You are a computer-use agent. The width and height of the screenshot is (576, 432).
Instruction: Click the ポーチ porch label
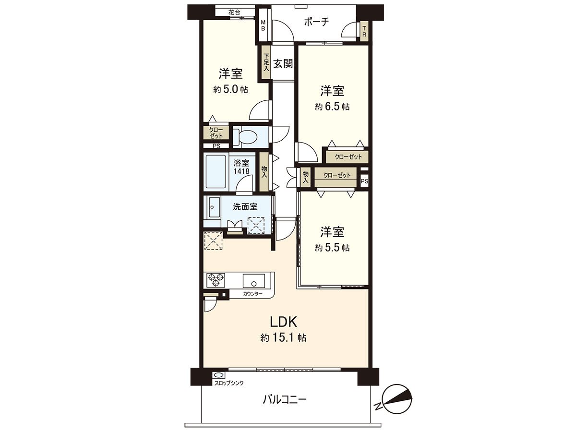[316, 22]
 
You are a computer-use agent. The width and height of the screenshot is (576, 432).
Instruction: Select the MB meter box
[263, 25]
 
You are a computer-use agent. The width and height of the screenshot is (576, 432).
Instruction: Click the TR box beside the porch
[364, 32]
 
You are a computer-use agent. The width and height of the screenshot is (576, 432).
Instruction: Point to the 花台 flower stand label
[234, 12]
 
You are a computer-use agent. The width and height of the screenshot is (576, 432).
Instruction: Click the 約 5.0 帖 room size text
[231, 89]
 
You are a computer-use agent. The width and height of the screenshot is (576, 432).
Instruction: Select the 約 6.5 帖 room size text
[332, 107]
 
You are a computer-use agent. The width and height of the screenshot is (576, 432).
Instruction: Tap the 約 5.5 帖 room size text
[332, 248]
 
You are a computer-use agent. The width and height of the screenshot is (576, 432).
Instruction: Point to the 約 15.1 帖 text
[284, 338]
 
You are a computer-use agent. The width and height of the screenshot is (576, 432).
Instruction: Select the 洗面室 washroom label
[245, 207]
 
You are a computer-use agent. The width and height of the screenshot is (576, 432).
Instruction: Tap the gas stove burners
[215, 279]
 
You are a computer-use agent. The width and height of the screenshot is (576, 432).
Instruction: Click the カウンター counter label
[252, 293]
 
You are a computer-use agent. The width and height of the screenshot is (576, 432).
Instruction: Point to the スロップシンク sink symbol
[218, 375]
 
